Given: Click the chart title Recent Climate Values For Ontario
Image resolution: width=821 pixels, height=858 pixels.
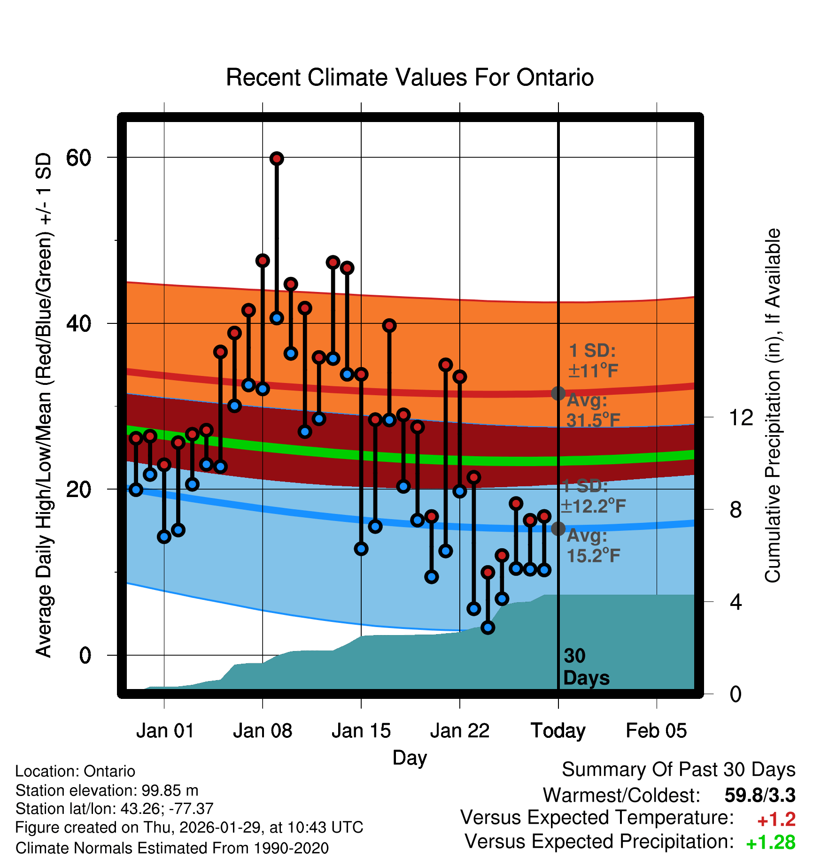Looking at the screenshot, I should (410, 77).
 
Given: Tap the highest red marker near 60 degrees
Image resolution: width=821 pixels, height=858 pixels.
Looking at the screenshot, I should (277, 159).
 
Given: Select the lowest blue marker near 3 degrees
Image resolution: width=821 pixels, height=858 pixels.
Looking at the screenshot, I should (488, 627).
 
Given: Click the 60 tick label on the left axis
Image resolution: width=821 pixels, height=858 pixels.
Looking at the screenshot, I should (78, 158).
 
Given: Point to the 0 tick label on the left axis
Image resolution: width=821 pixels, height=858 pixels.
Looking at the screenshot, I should (85, 655).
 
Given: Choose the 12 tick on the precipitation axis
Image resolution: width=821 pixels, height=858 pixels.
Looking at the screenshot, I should (741, 417).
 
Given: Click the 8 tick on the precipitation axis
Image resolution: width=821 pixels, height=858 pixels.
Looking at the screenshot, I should (736, 510).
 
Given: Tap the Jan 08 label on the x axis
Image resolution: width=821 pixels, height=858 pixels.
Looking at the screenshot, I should (263, 731).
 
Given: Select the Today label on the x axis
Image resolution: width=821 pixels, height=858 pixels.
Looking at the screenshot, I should (558, 731).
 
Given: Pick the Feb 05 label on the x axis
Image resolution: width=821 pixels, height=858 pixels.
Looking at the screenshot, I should (656, 731).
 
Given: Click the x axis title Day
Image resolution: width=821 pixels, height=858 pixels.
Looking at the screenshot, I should (410, 758).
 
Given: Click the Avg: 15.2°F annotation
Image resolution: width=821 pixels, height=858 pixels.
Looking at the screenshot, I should (593, 546).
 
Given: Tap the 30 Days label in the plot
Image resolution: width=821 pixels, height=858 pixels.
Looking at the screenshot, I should (586, 667).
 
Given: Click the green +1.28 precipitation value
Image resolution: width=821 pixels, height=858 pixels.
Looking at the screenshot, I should (771, 843).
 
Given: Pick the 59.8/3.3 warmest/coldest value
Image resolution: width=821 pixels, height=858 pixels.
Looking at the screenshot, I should (760, 795).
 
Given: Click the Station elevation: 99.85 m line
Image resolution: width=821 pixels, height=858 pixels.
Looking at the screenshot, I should (107, 790).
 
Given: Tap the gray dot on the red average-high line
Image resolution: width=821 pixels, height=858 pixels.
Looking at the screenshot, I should (558, 393).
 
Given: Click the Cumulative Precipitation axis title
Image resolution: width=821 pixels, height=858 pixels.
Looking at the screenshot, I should (773, 406).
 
